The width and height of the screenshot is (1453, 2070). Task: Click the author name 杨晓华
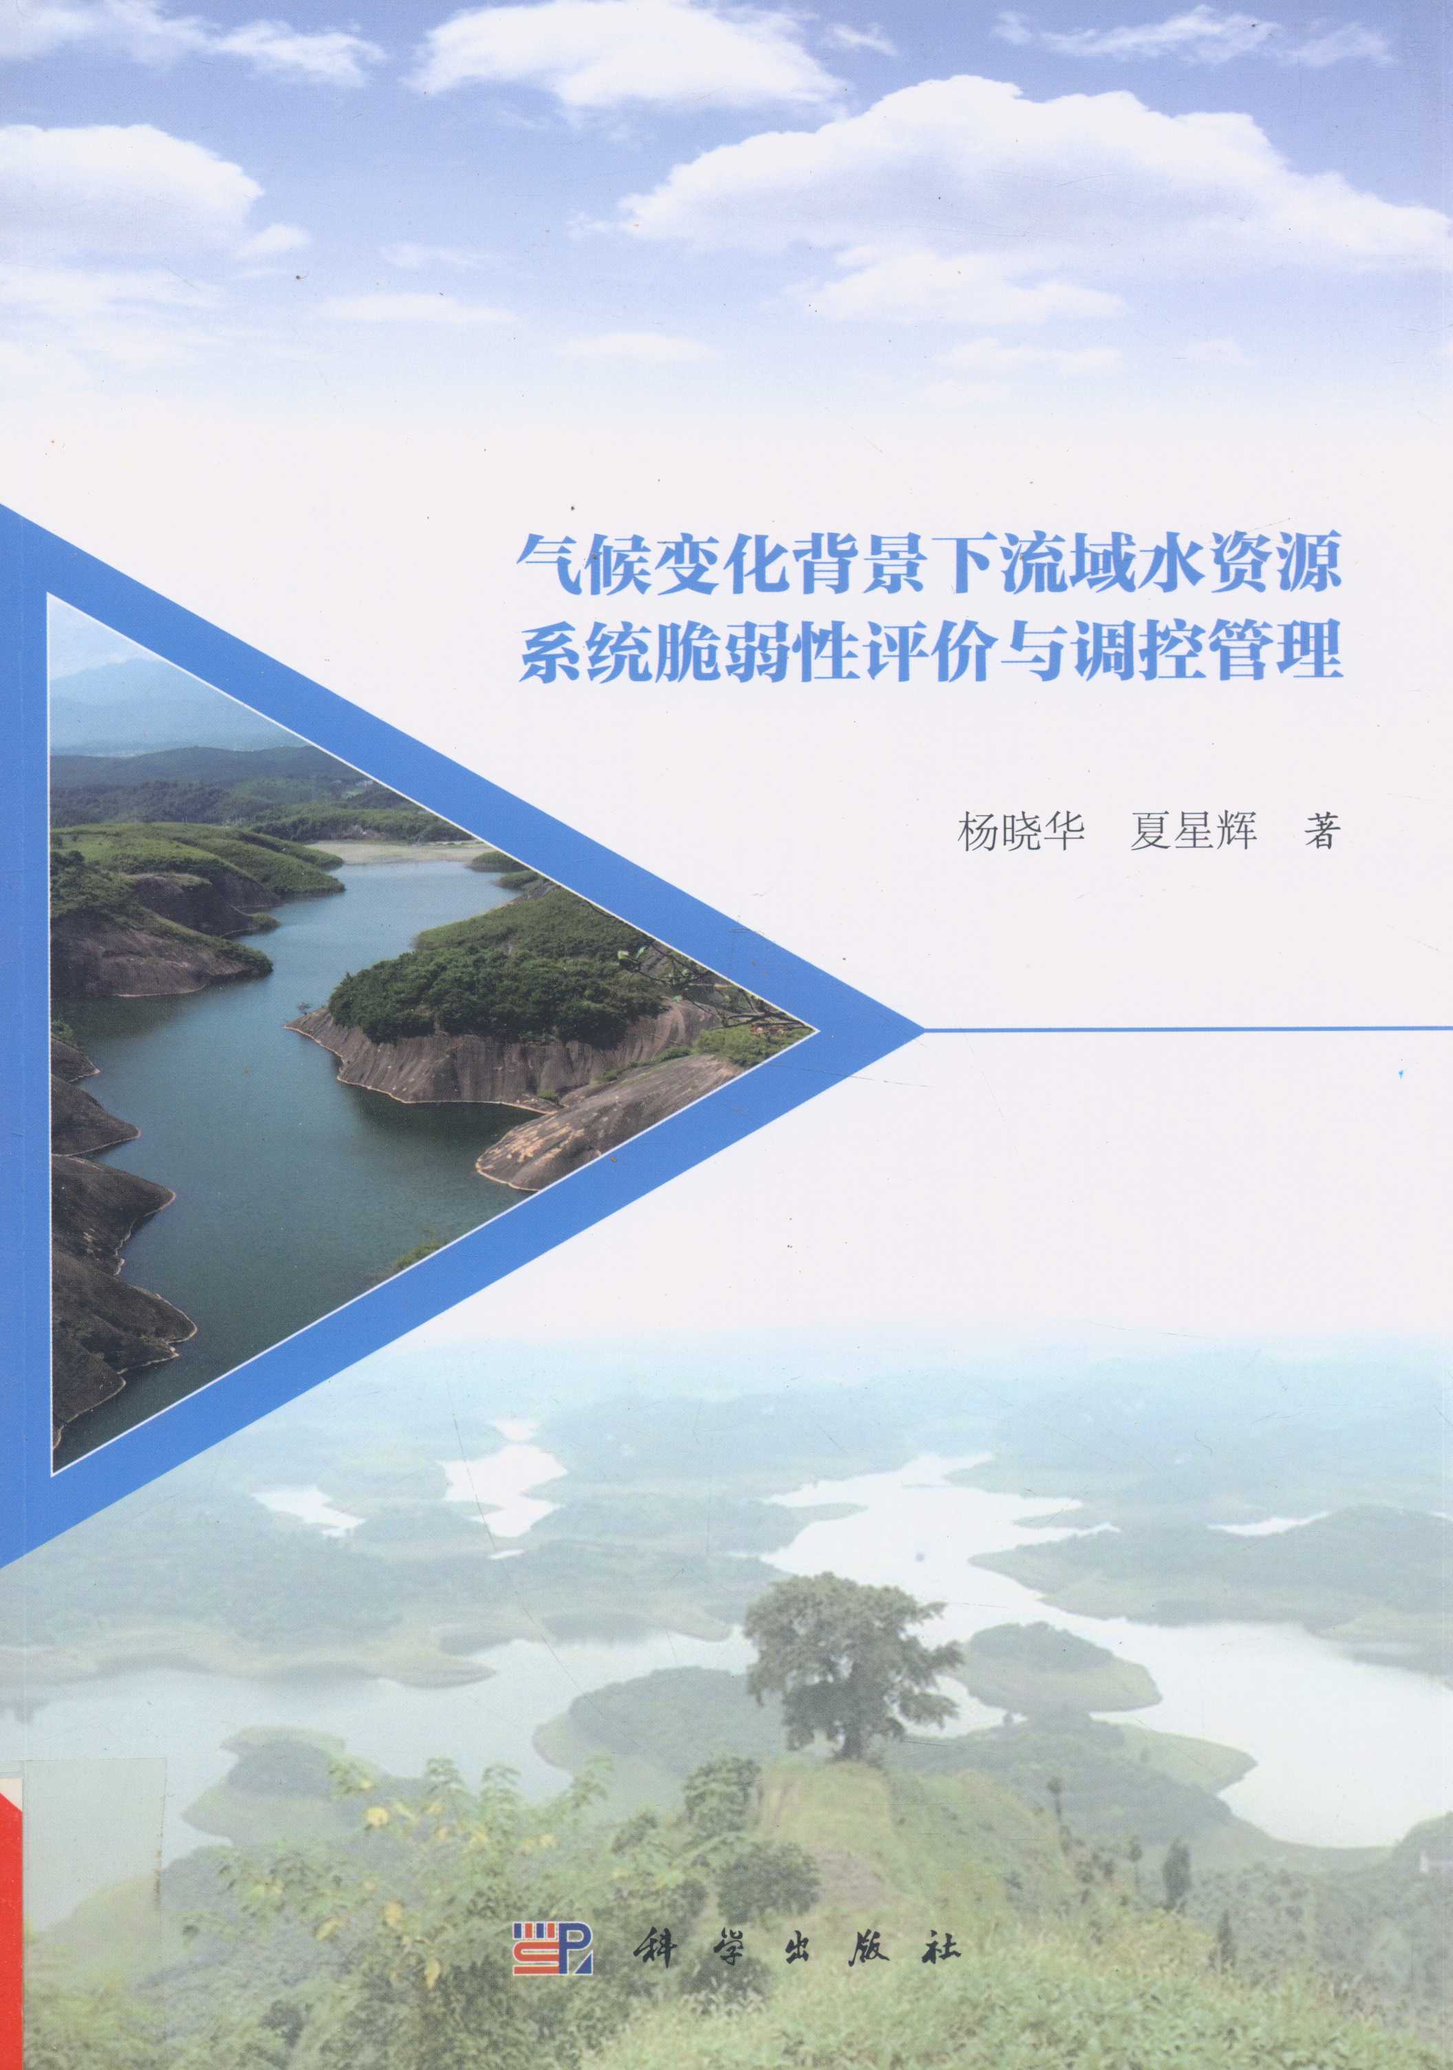pyautogui.click(x=1020, y=831)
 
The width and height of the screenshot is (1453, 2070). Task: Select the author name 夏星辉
pyautogui.click(x=1194, y=831)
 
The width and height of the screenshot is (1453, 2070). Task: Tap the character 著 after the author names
pyautogui.click(x=1322, y=831)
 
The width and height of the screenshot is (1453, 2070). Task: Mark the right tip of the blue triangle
pyautogui.click(x=924, y=1029)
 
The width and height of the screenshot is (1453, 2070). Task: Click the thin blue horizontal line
pyautogui.click(x=1188, y=1028)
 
